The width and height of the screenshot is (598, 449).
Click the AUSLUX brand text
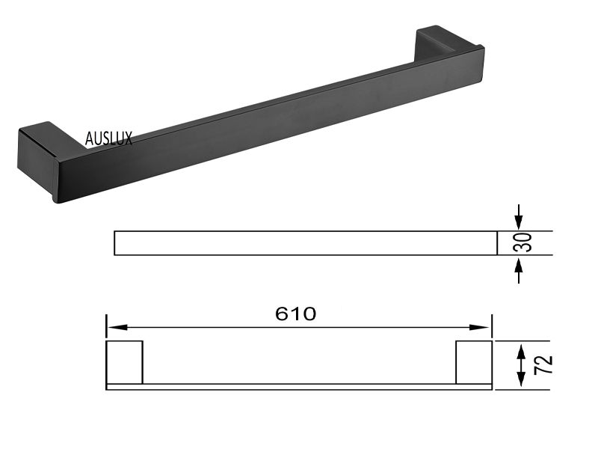tap(108, 138)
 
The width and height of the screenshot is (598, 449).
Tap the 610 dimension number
tap(295, 314)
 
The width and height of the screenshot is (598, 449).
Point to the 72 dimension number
tap(543, 364)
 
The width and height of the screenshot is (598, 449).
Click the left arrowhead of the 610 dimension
tap(117, 327)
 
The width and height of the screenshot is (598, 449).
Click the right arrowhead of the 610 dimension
tap(479, 327)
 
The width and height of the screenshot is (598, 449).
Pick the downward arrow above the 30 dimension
tap(518, 217)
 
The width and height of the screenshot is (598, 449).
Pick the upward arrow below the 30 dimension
tap(518, 270)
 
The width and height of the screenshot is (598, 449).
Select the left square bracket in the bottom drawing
tap(124, 362)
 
